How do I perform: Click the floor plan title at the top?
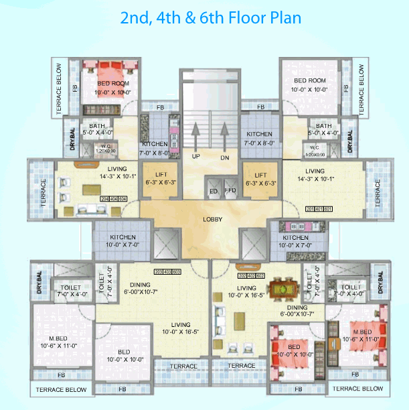coord(210,18)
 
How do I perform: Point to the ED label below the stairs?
coord(214,192)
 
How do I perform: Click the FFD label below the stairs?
coord(230,192)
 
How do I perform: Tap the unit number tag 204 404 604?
coord(112,199)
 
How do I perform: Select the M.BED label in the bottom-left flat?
coord(52,336)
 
